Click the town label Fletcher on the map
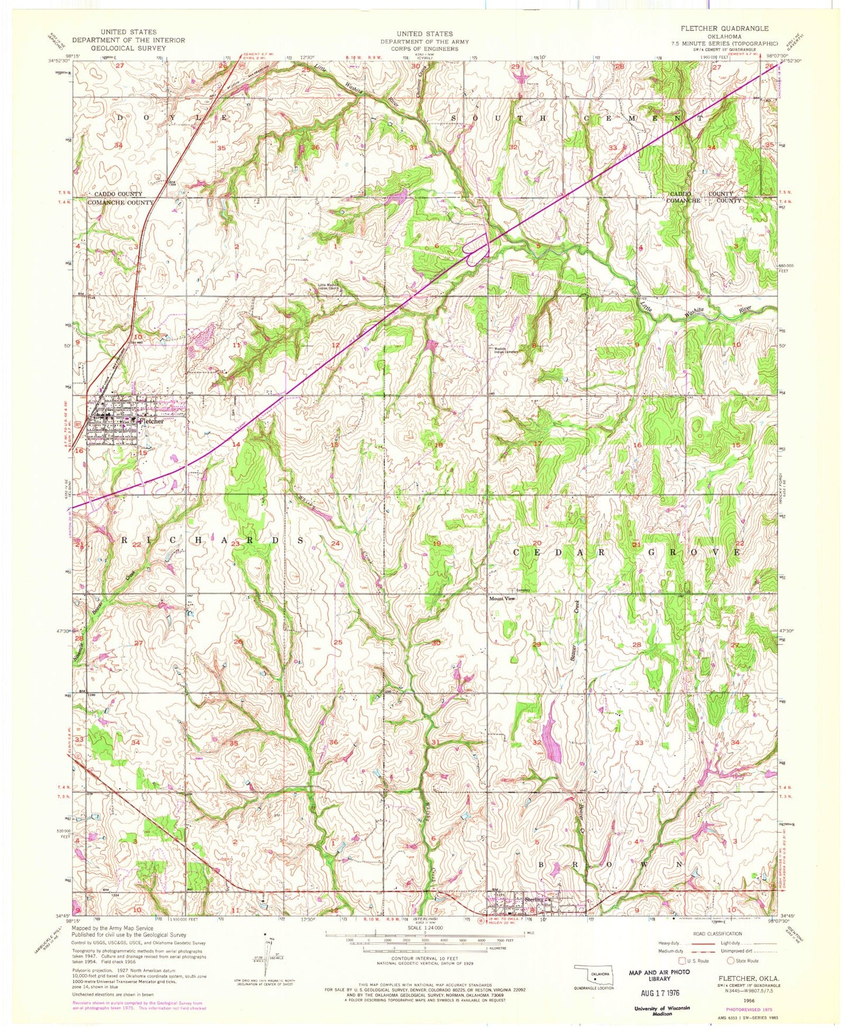[150, 421]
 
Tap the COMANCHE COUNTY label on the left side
[121, 203]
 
